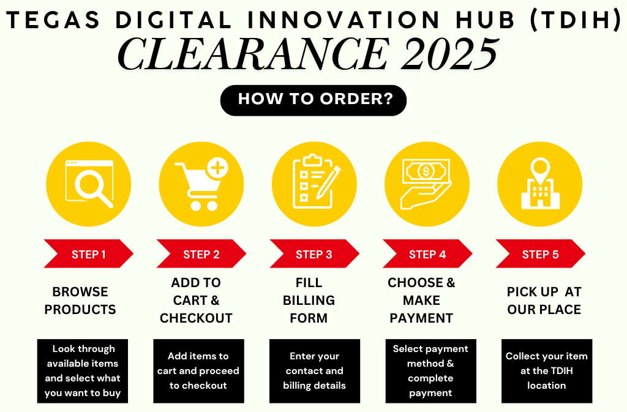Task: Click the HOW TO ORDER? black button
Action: point(313,100)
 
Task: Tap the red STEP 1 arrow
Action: point(88,254)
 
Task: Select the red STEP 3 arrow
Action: point(314,254)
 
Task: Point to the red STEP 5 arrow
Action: point(540,254)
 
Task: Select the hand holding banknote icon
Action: point(426,184)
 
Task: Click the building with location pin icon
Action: point(540,184)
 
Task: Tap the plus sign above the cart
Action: point(217,168)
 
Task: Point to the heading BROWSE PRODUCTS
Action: point(80,301)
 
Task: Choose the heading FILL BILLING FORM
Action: point(309,300)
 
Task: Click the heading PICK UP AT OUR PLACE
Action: point(544,301)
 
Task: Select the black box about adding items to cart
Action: point(199,371)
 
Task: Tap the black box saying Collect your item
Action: point(547,371)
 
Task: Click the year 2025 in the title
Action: point(450,54)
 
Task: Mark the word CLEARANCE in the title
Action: point(253,54)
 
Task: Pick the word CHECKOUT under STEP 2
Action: point(196,318)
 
